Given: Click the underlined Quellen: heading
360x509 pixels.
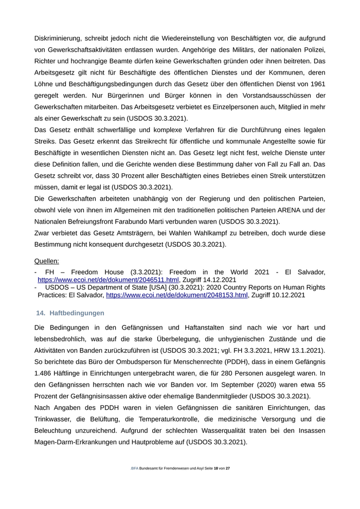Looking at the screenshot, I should pos(47,261).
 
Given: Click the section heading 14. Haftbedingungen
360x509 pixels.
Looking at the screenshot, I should pos(70,313).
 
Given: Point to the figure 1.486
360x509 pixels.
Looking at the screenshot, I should pos(45,373).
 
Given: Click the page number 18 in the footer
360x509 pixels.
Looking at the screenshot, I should pos(216,468).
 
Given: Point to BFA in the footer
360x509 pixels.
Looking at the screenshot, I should pos(135,468).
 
